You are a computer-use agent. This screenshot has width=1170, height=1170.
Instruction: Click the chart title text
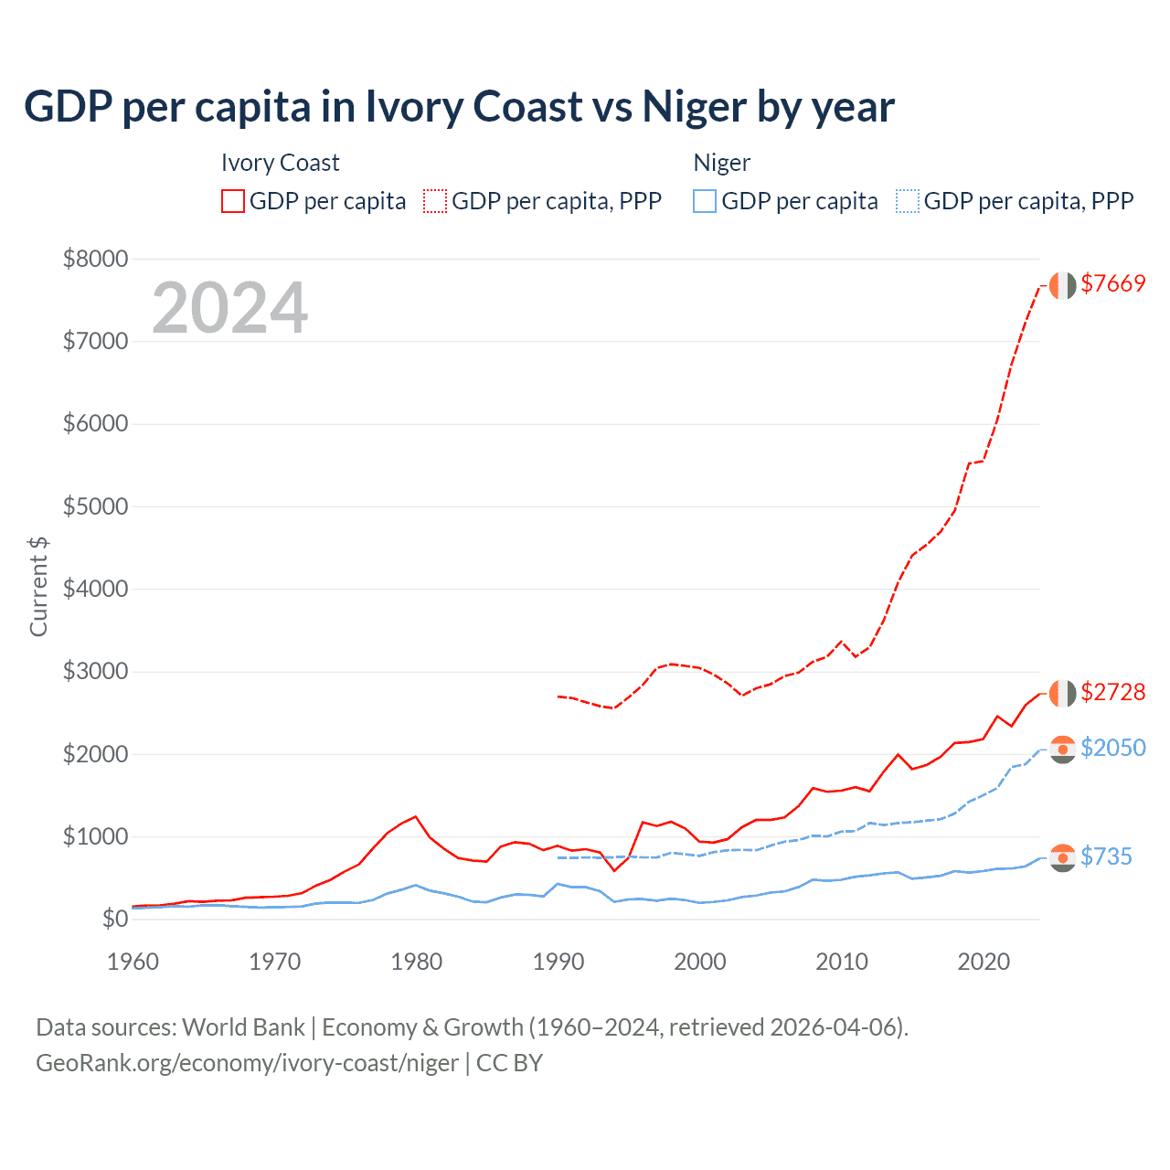pos(459,107)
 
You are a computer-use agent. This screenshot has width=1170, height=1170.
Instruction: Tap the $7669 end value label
pos(1112,283)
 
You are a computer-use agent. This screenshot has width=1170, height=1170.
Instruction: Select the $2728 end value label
pos(1112,692)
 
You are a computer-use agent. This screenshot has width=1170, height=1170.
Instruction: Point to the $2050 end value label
pos(1112,748)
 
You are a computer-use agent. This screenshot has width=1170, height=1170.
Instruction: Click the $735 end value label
pos(1106,856)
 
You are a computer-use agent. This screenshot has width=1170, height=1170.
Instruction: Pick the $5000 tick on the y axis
pos(95,506)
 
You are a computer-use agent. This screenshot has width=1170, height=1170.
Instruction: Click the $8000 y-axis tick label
pos(95,259)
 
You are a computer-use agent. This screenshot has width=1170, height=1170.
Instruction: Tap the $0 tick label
pos(114,919)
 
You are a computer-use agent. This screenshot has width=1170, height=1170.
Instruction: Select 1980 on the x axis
pos(417,962)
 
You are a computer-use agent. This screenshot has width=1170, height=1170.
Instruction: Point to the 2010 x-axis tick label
pos(842,962)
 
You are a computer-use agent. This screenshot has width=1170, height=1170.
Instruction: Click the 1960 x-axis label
pos(133,962)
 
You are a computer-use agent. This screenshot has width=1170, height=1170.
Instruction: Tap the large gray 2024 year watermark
pos(229,308)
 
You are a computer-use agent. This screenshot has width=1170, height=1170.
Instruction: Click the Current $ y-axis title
pos(38,587)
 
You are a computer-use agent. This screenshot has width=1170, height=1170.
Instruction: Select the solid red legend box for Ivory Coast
pos(233,201)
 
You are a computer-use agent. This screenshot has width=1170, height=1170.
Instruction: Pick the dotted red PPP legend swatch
pos(435,201)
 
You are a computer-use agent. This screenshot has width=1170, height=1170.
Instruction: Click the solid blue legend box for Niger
pos(705,201)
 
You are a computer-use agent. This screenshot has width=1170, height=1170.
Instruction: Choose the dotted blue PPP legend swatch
pos(908,201)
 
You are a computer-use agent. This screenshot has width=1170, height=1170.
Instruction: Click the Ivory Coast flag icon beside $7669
pos(1062,285)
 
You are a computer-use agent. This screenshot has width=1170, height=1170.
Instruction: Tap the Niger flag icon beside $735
pos(1062,857)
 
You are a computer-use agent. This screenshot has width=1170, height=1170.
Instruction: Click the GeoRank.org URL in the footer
pos(247,1063)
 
